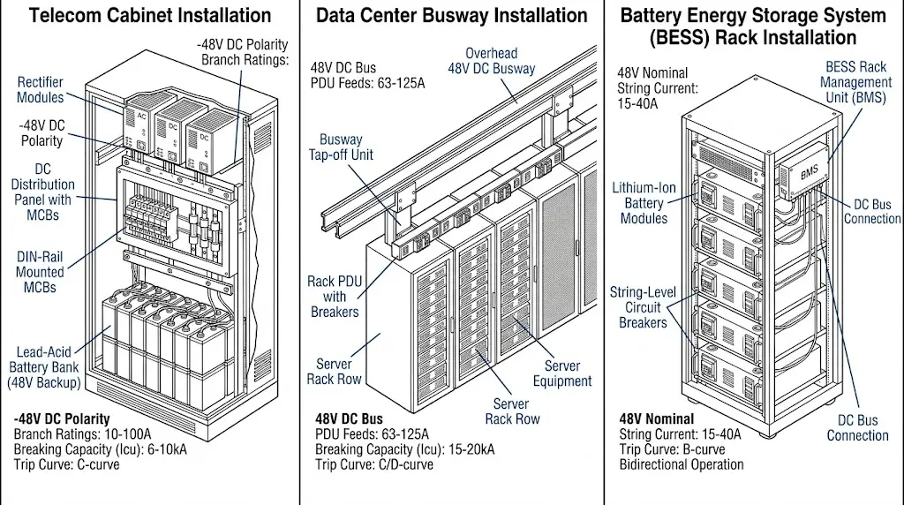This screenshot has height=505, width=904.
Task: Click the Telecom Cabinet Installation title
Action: click(x=151, y=16)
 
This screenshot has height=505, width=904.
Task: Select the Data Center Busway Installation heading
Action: click(x=451, y=16)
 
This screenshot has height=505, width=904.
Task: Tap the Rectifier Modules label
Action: click(x=41, y=90)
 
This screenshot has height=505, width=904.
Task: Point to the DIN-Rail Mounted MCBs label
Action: click(x=40, y=272)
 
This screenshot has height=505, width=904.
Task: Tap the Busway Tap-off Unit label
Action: click(x=346, y=147)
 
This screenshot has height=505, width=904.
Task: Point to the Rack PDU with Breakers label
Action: click(x=334, y=297)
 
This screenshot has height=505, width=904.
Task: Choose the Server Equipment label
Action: click(x=562, y=373)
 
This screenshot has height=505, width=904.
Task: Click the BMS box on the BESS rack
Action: click(x=809, y=172)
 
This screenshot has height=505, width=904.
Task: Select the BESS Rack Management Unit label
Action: click(x=855, y=82)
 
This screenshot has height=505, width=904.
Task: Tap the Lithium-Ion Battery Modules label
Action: click(x=644, y=203)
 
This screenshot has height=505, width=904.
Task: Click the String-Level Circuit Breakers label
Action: click(x=644, y=307)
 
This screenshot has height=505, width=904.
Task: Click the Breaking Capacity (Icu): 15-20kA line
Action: click(x=405, y=449)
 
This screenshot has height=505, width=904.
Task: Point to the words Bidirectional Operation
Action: click(x=681, y=464)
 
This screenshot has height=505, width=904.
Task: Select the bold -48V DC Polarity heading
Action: click(x=62, y=418)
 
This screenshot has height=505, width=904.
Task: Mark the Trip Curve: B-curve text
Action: click(x=675, y=449)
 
